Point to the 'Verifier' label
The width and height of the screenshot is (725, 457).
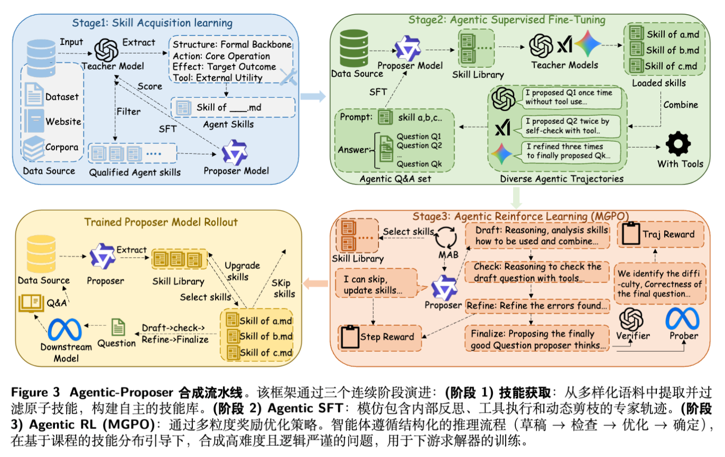point(633,335)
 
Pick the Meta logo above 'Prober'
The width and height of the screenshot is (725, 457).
point(682,319)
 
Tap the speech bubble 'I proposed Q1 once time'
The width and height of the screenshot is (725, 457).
point(568,97)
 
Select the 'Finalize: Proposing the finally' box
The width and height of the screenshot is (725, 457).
point(536,339)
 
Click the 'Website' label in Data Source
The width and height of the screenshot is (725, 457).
point(63,121)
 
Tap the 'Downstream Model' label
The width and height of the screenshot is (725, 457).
point(66,352)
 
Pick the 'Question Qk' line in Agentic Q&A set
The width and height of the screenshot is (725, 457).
point(419,164)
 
